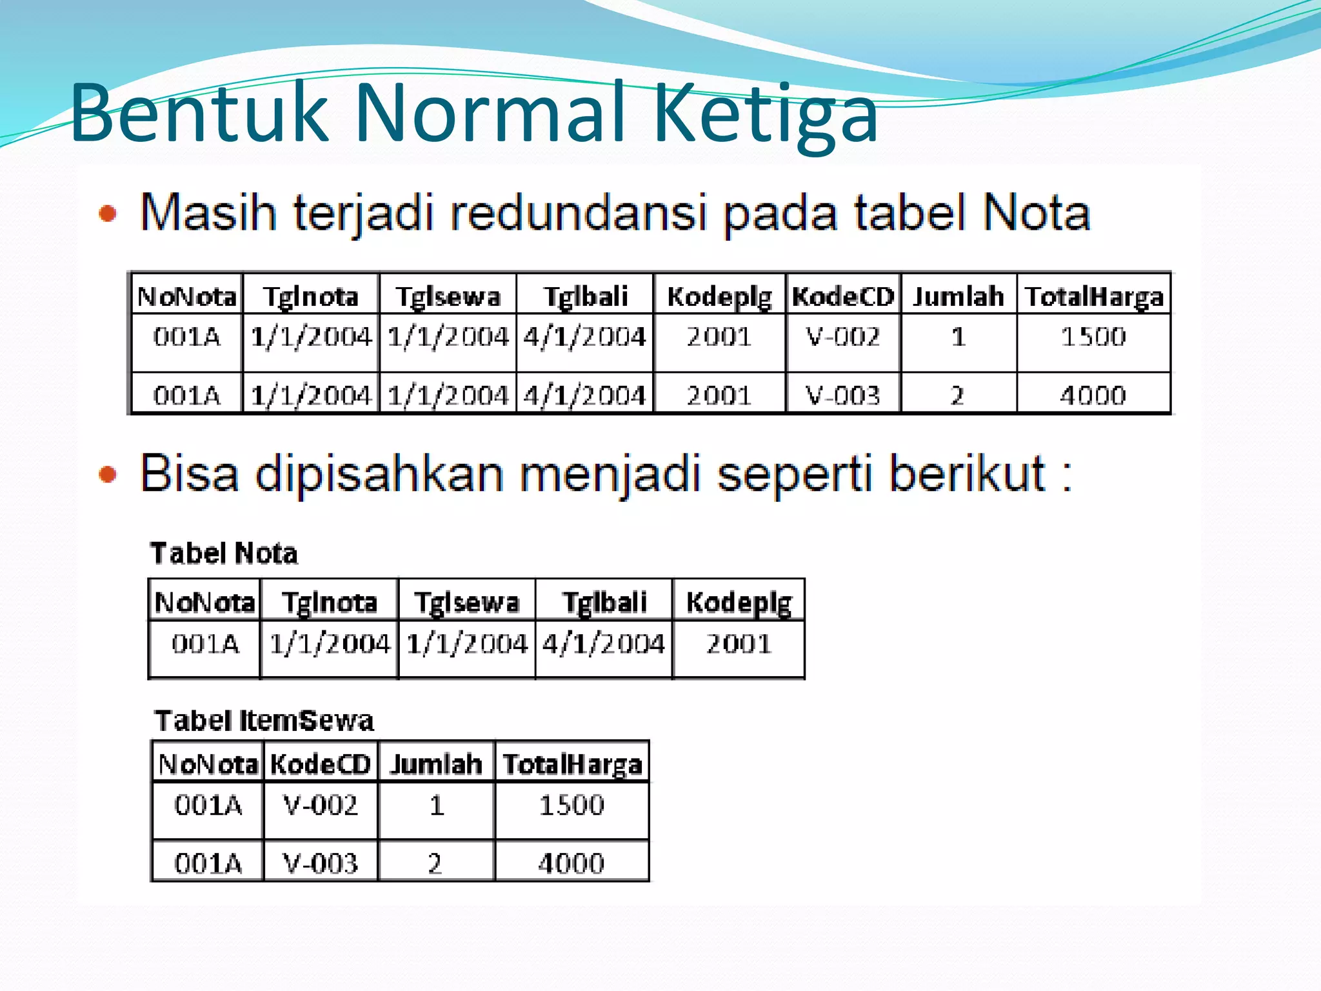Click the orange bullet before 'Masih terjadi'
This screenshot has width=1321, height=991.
click(x=108, y=214)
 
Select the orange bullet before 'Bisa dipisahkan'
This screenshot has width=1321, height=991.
click(x=108, y=475)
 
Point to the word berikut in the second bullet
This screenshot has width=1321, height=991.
click(x=967, y=474)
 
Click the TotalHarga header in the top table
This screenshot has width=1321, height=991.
click(x=1094, y=297)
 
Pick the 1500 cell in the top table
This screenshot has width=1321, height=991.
click(x=1093, y=337)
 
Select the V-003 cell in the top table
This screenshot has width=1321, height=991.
click(x=843, y=395)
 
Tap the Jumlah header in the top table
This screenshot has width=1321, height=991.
click(x=958, y=297)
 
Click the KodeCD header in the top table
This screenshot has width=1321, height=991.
click(x=843, y=297)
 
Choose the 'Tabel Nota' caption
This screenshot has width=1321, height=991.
click(x=224, y=554)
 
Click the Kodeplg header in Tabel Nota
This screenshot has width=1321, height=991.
click(x=739, y=603)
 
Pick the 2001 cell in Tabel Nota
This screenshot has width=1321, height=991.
click(x=739, y=644)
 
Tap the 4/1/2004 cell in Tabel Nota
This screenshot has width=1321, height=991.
click(x=604, y=644)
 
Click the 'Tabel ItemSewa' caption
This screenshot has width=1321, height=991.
click(x=264, y=721)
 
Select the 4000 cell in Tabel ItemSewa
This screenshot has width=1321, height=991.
click(x=571, y=863)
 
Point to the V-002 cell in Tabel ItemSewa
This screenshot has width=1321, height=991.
click(x=321, y=805)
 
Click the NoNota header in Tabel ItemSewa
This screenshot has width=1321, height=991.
click(x=208, y=765)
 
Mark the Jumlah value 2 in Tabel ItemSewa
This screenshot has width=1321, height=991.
click(x=435, y=863)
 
